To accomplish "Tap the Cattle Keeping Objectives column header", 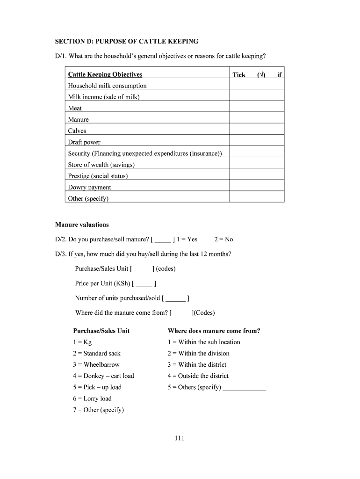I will [x=105, y=74].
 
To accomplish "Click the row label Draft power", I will [x=84, y=142].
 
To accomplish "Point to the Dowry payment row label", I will [x=90, y=187].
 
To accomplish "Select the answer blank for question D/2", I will [x=163, y=239].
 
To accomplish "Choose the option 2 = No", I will [x=223, y=239].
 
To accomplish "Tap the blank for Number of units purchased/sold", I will [x=175, y=298].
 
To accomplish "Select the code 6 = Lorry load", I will [x=92, y=399].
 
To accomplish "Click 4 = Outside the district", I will [x=198, y=376].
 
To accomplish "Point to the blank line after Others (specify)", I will [x=245, y=388].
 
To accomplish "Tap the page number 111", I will [x=180, y=438].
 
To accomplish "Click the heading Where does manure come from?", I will [x=214, y=331].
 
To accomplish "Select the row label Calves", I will [x=77, y=131].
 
